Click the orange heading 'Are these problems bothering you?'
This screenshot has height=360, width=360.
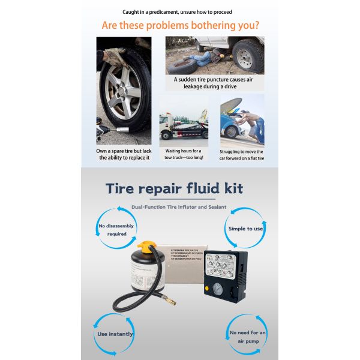point(180,26)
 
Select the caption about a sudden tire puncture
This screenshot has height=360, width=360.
point(215,82)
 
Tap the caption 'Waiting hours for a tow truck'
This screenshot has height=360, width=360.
point(184,154)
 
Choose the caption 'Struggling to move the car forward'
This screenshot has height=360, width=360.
point(242,155)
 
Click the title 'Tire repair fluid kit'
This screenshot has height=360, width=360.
point(174,188)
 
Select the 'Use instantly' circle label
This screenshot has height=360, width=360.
point(115,334)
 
